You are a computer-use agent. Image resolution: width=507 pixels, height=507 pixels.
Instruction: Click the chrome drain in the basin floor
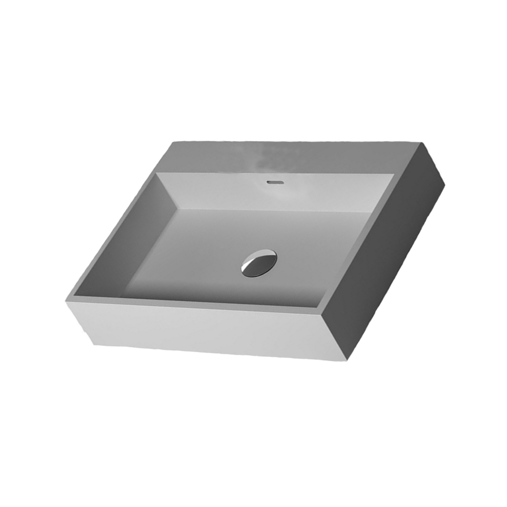tap(259, 263)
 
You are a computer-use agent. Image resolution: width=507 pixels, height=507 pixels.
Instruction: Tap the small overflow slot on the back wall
tap(274, 180)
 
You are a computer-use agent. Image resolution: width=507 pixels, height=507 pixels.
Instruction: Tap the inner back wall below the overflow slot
tap(274, 195)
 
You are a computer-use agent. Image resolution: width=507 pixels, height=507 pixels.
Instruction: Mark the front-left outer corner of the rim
tap(66, 302)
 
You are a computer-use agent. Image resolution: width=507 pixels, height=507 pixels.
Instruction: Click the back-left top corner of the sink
tap(173, 142)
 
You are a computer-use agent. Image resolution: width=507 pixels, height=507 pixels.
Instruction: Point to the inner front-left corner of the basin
tap(76, 297)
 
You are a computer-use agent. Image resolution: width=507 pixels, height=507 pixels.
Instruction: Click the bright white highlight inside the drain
tap(251, 267)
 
